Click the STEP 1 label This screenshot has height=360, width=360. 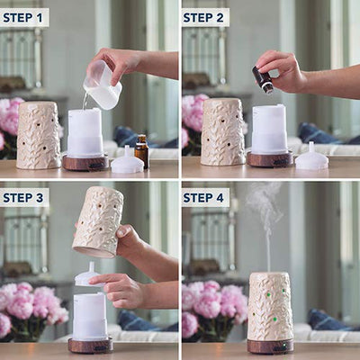click(x=22, y=18)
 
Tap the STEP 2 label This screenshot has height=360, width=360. click(x=203, y=18)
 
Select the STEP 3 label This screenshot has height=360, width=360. click(x=23, y=198)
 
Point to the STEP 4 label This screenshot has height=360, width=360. click(x=203, y=198)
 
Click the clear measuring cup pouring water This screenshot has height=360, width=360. click(x=103, y=85)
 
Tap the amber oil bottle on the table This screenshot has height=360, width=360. click(x=142, y=151)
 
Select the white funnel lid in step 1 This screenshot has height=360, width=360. click(x=127, y=161)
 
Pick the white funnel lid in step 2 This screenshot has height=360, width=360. click(x=311, y=157)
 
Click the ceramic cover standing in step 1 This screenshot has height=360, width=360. click(x=39, y=136)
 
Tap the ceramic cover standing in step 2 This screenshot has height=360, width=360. click(x=223, y=132)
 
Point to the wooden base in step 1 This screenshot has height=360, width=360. click(x=85, y=162)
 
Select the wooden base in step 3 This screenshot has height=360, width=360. click(x=90, y=346)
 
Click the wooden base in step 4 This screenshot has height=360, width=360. click(x=270, y=346)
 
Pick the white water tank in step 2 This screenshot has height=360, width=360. click(x=270, y=130)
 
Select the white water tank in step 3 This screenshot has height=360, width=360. click(x=90, y=317)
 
